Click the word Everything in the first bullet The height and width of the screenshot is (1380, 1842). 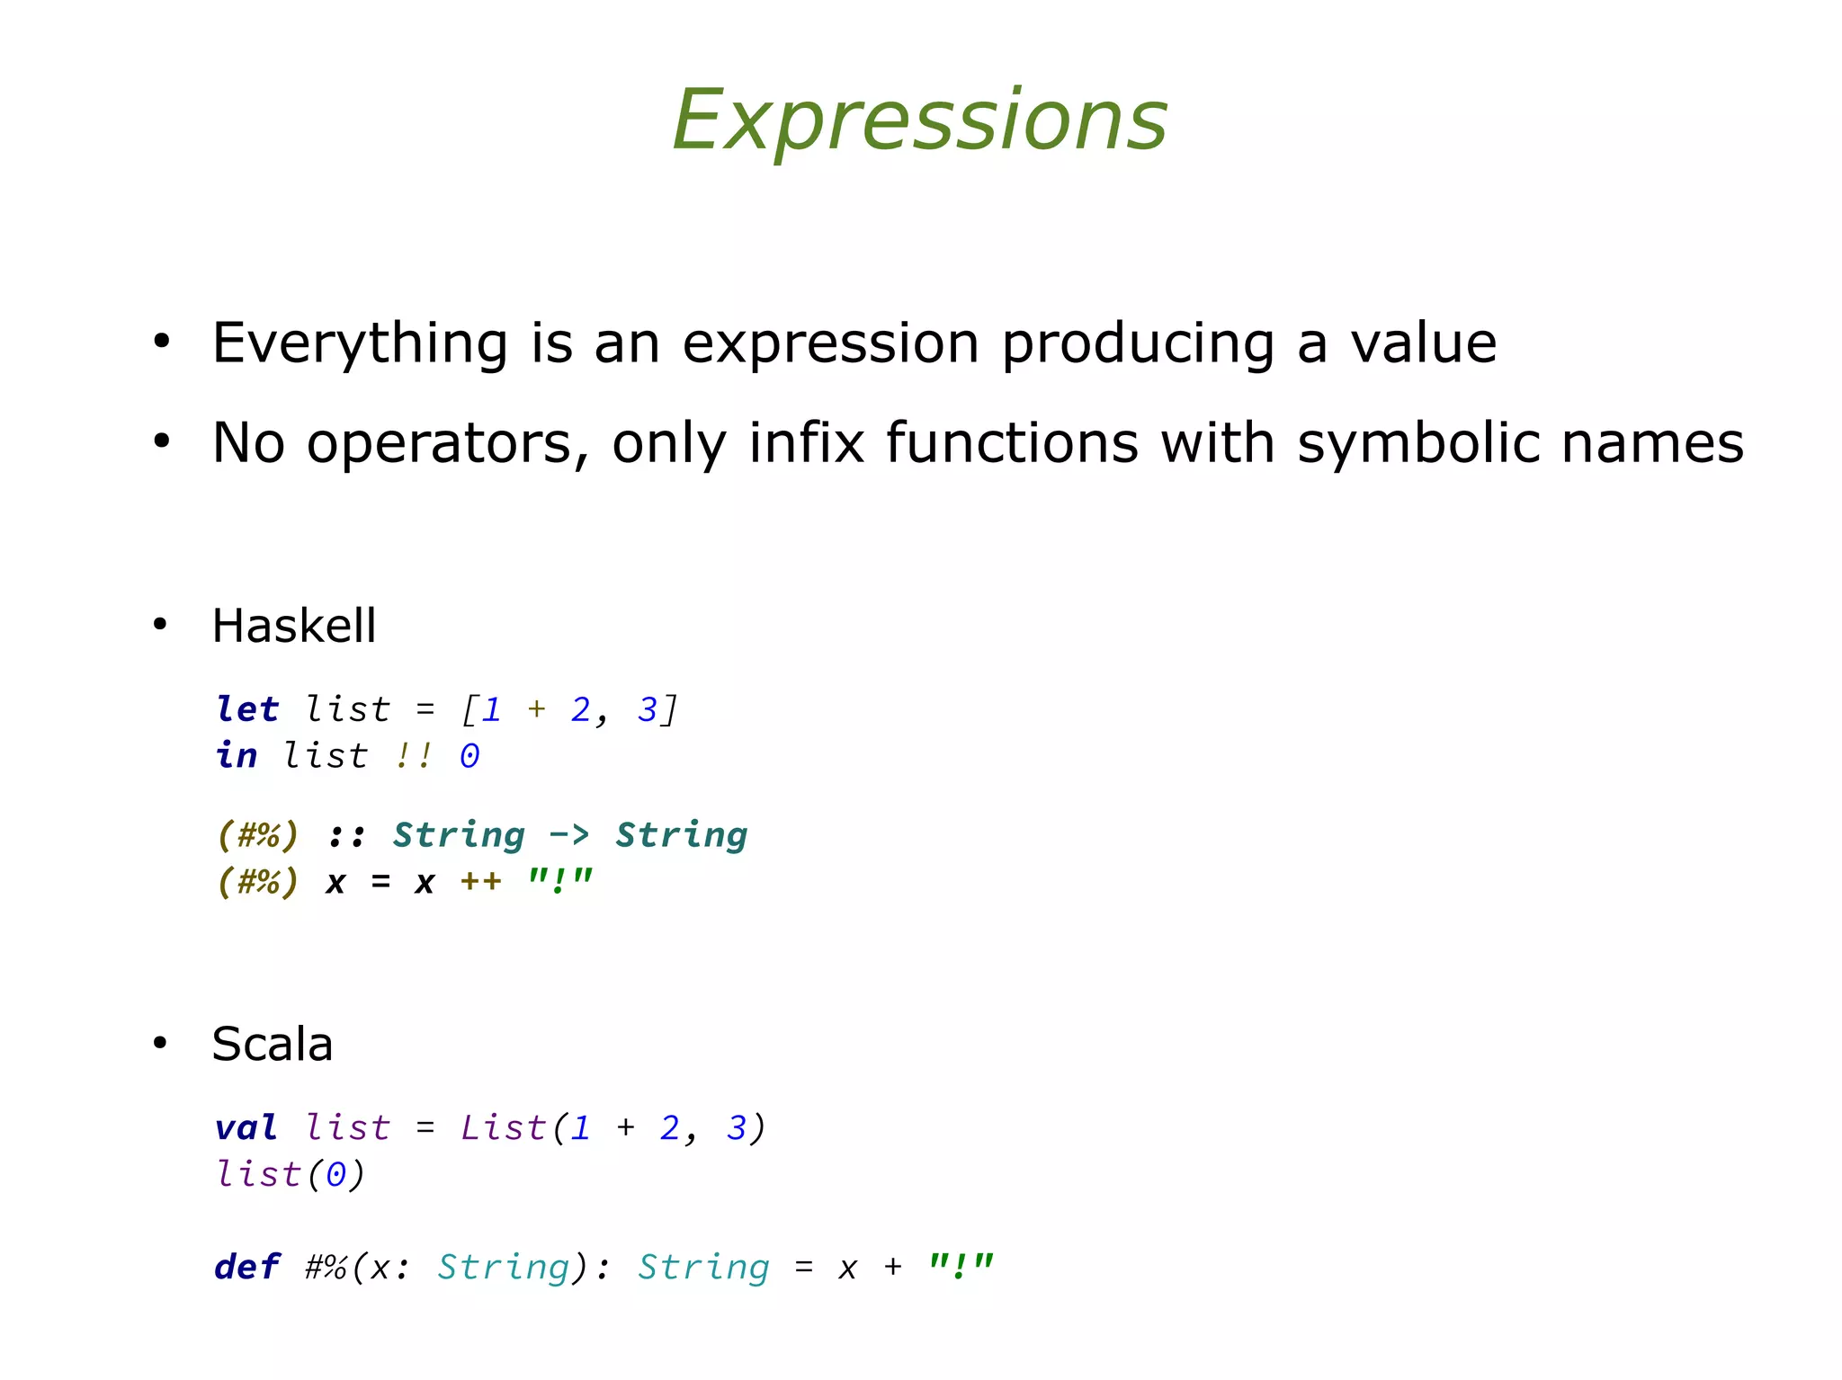pyautogui.click(x=360, y=343)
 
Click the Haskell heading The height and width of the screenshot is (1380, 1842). pyautogui.click(x=293, y=626)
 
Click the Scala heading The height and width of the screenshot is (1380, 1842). pyautogui.click(x=272, y=1044)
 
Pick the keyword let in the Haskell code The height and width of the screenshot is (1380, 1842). pyautogui.click(x=247, y=709)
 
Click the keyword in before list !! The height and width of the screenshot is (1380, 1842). pyautogui.click(x=237, y=755)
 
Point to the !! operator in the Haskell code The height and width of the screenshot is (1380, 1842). pyautogui.click(x=414, y=755)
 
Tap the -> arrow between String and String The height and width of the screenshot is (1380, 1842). pyautogui.click(x=568, y=834)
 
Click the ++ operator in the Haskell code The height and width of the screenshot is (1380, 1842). pyautogui.click(x=480, y=881)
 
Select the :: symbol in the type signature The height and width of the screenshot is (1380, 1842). pyautogui.click(x=346, y=836)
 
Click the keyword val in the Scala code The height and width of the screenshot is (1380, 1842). pyautogui.click(x=246, y=1127)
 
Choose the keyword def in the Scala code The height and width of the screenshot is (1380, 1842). pyautogui.click(x=246, y=1267)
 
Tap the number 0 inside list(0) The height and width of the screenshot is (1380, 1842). pyautogui.click(x=335, y=1174)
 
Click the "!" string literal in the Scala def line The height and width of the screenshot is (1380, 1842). pyautogui.click(x=961, y=1267)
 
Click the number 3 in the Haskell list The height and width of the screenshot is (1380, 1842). pyautogui.click(x=647, y=709)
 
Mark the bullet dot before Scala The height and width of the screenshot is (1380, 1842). pyautogui.click(x=160, y=1043)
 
